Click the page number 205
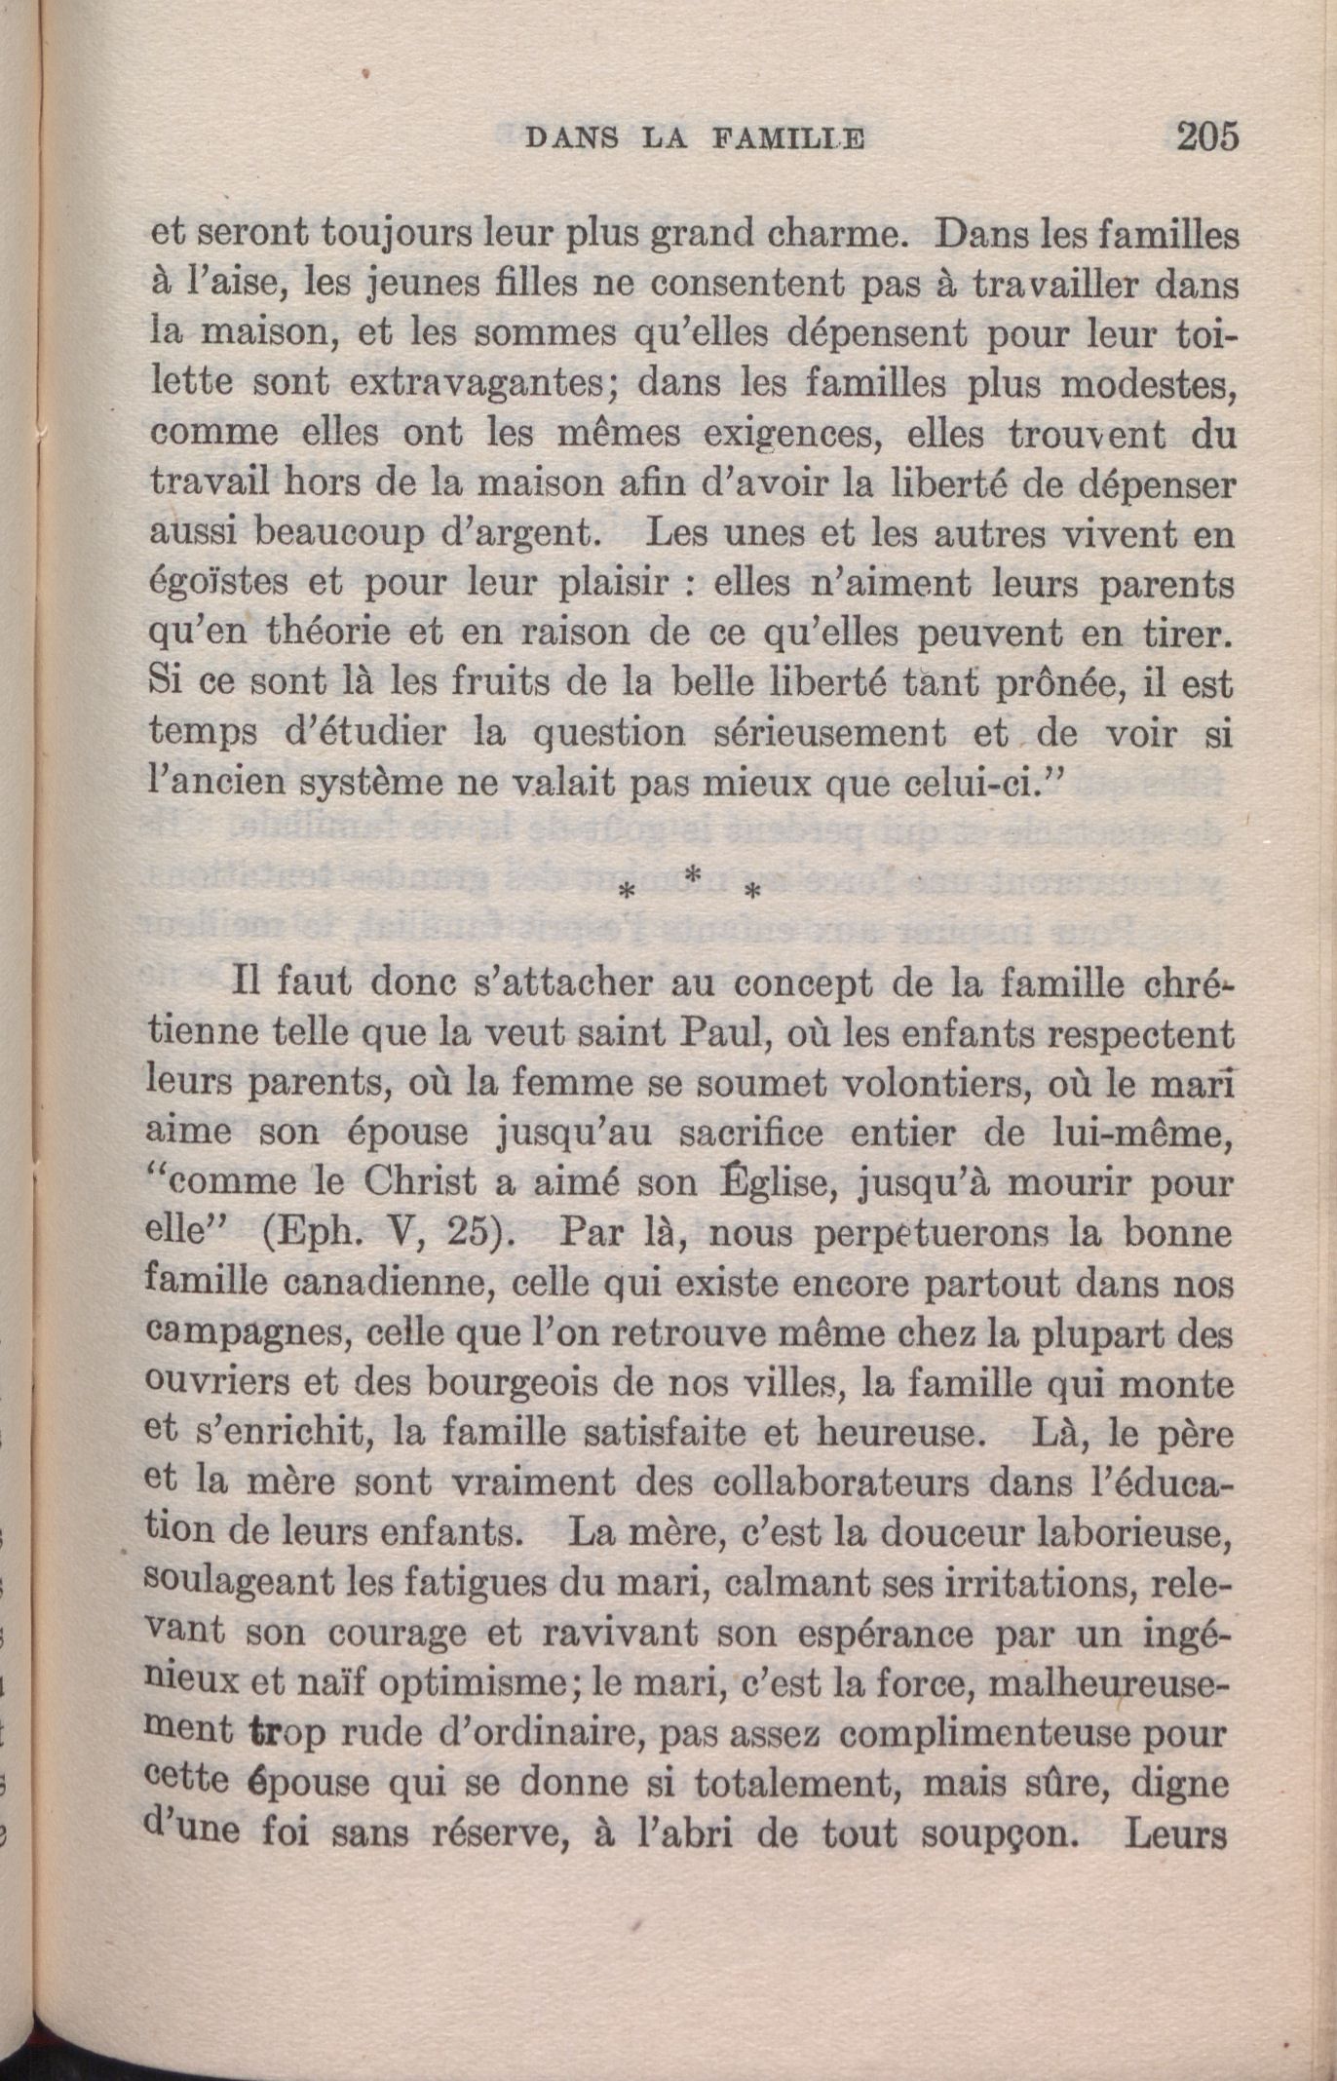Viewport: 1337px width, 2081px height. point(1207,135)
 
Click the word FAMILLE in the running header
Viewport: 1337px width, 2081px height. point(788,139)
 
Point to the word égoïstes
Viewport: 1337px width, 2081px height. point(215,584)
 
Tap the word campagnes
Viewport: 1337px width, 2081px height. point(233,1333)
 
